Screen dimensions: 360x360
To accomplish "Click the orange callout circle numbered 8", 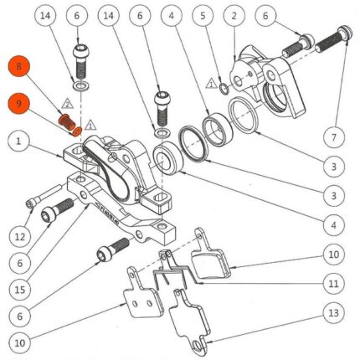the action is click(x=18, y=66).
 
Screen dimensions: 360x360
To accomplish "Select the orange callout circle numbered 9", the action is click(x=18, y=104).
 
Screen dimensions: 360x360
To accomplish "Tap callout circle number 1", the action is click(x=18, y=141).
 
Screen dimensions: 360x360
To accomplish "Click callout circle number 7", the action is click(x=334, y=137).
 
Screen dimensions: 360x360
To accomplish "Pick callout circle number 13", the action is click(x=334, y=313).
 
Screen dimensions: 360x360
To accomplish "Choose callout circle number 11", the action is click(x=334, y=284).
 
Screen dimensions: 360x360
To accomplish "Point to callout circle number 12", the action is click(x=20, y=237).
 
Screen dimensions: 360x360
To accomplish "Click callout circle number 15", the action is click(x=20, y=290).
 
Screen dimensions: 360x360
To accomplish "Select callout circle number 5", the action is click(x=203, y=16).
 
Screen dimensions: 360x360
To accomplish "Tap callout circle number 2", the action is click(x=234, y=16).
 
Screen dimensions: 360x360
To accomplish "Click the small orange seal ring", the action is click(x=78, y=131).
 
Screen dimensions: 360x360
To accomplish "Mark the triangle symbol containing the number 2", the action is click(x=67, y=104).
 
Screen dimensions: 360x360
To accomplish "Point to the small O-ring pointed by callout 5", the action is click(x=224, y=89).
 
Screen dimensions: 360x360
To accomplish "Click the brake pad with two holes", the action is click(x=142, y=293).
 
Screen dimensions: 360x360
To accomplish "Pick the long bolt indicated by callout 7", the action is click(x=334, y=40).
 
